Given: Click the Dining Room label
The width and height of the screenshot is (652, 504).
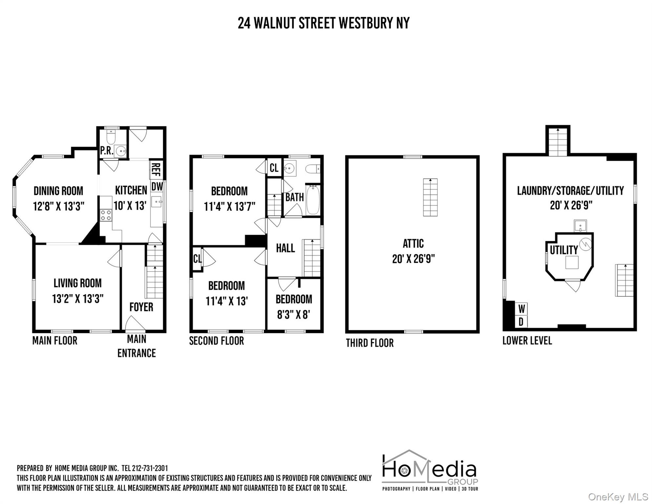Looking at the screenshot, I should click(58, 191).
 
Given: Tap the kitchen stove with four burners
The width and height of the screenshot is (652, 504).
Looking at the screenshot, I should click(106, 215).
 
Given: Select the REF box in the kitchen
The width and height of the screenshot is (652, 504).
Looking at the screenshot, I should click(156, 169).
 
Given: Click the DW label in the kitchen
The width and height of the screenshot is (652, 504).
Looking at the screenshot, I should click(157, 186).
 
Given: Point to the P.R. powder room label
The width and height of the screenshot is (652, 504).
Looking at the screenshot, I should click(107, 151).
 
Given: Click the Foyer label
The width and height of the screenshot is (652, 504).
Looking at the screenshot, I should click(141, 307).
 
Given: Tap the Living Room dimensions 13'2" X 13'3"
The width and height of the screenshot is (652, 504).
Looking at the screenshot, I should click(78, 299).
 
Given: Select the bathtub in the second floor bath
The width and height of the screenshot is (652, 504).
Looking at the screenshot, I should click(313, 199).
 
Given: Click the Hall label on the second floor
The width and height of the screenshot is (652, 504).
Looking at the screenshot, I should click(285, 248).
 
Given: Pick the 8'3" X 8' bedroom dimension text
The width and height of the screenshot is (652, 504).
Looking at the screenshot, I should click(294, 315).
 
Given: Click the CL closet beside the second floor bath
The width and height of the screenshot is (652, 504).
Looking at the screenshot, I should click(274, 168).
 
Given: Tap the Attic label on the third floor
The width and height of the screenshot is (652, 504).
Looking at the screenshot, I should click(413, 243).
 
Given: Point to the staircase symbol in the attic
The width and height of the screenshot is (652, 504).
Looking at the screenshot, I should click(430, 197).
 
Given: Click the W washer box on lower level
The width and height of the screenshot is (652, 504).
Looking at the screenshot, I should click(521, 309).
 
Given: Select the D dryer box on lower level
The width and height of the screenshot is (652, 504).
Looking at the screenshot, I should click(521, 322).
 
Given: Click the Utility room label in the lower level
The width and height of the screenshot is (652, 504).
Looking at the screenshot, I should click(563, 250).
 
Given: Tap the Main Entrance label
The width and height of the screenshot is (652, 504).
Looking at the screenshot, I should click(136, 346).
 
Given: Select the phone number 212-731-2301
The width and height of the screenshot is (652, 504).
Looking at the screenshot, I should click(150, 468).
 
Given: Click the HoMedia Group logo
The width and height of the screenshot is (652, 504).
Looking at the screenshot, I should click(430, 470).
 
